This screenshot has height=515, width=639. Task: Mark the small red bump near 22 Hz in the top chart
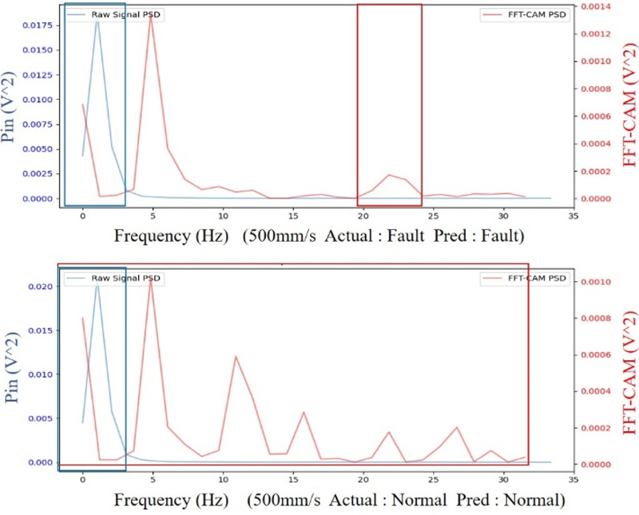click(x=389, y=174)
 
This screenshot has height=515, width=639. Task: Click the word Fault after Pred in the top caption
click(x=498, y=236)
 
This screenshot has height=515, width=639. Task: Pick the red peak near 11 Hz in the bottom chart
click(x=236, y=356)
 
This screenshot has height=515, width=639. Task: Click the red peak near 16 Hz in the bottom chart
click(x=304, y=412)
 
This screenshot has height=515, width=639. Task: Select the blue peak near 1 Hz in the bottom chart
click(x=97, y=283)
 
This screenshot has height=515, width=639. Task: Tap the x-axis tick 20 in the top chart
click(x=362, y=215)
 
